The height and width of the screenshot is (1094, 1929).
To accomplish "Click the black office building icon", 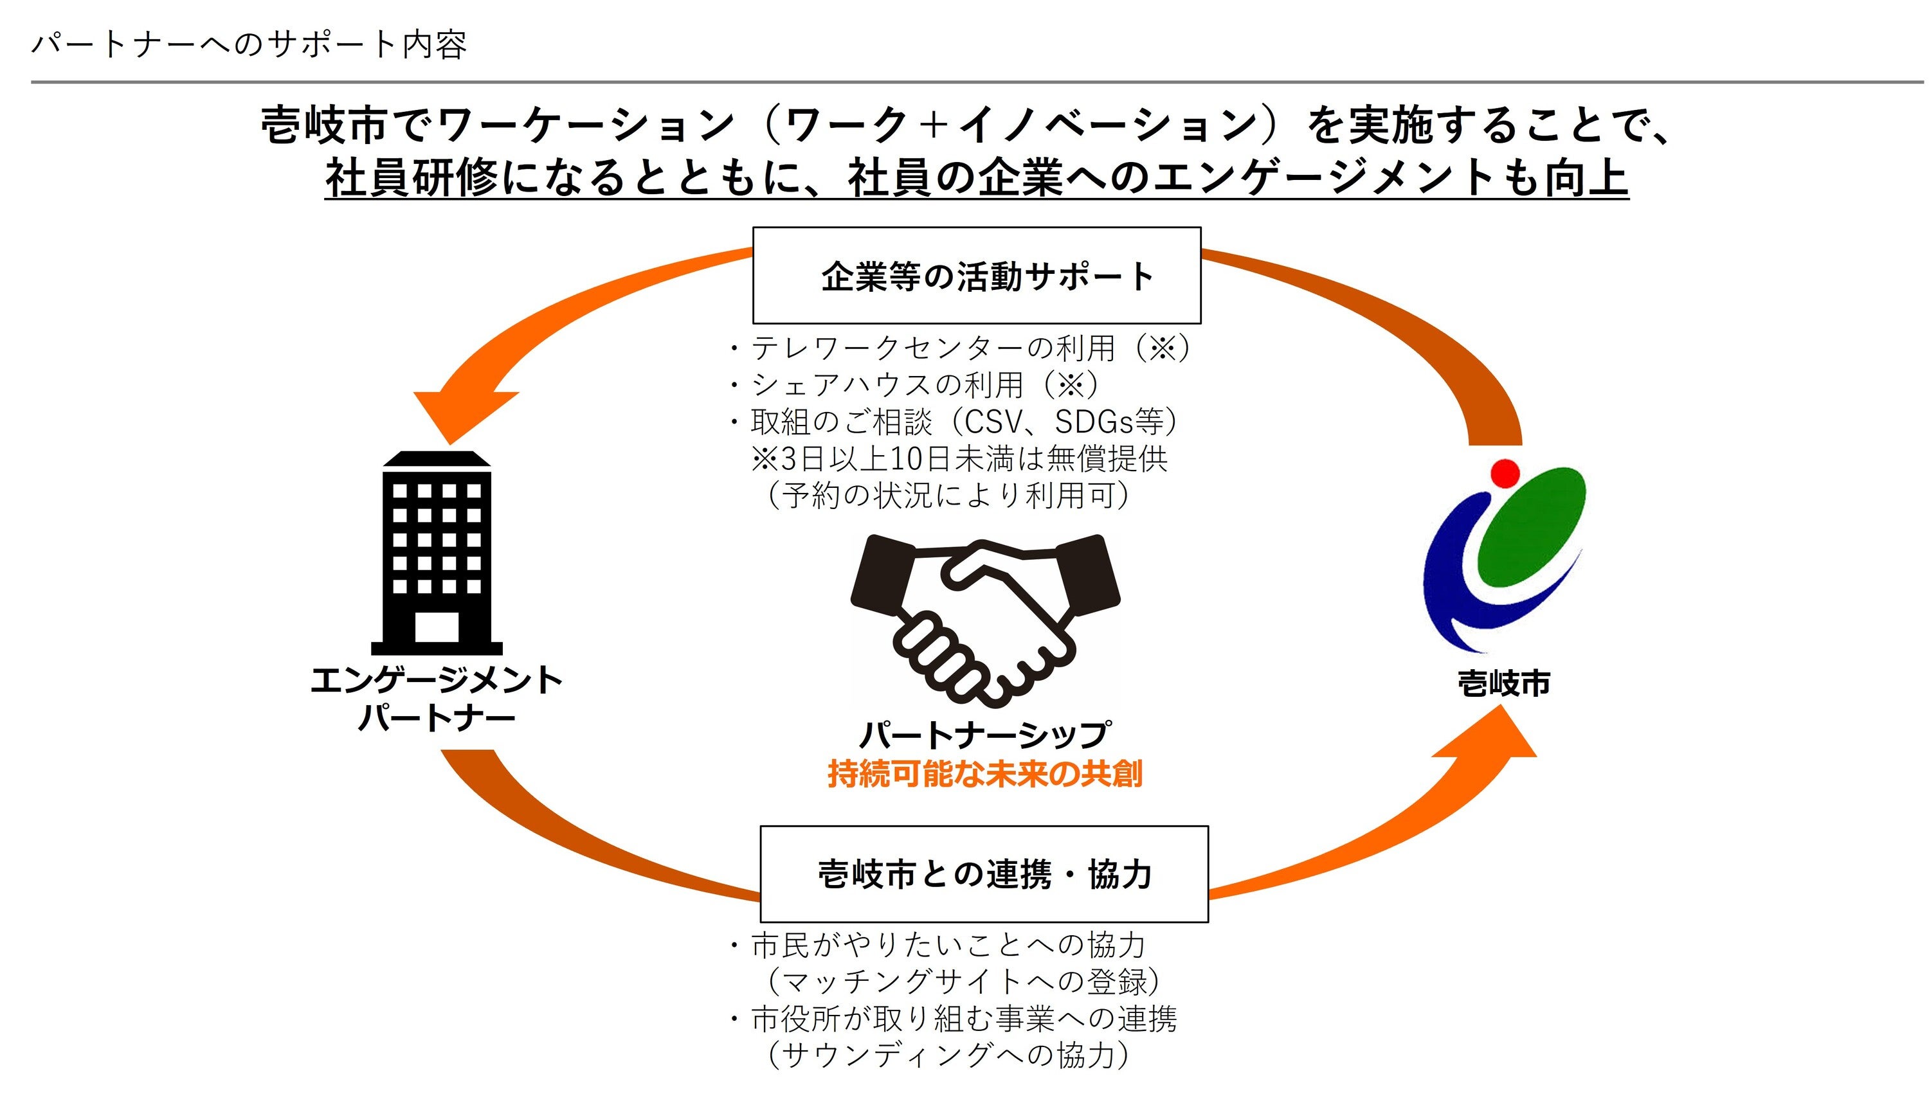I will (x=437, y=552).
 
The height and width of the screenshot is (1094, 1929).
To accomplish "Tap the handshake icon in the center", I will (x=984, y=620).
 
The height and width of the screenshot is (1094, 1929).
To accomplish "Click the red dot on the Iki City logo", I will (x=1505, y=473).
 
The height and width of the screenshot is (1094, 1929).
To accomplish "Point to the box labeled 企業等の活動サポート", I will (x=976, y=275).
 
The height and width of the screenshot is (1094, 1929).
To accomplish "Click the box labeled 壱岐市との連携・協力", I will (x=984, y=874).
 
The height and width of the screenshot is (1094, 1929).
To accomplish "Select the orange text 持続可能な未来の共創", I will (x=984, y=774).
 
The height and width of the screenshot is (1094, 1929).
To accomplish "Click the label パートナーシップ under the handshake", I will (x=984, y=734).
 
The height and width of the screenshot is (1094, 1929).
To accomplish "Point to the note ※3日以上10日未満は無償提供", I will (x=958, y=458).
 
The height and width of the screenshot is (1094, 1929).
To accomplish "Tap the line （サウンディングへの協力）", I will (x=948, y=1055).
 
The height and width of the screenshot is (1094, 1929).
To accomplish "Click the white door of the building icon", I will (x=437, y=627).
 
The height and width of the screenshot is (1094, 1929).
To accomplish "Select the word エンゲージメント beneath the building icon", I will (x=437, y=681).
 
